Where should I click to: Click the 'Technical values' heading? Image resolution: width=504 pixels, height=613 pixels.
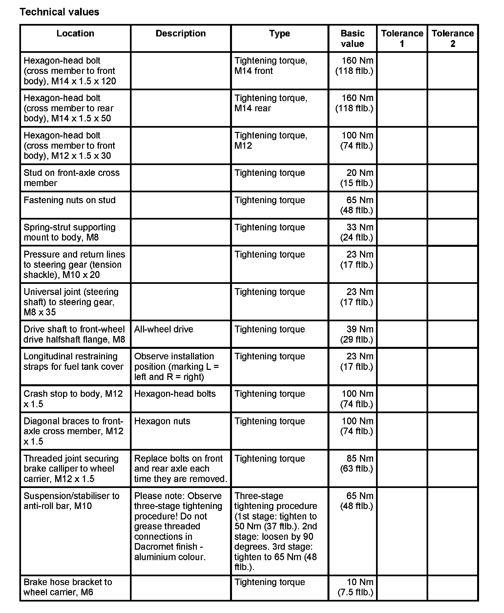tap(59, 12)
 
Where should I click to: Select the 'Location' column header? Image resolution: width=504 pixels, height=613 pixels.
tap(75, 33)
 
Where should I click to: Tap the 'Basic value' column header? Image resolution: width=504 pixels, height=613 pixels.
tap(352, 38)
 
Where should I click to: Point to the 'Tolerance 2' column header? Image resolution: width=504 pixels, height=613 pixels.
tap(452, 38)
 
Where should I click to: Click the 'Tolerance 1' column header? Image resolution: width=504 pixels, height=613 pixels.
tap(402, 38)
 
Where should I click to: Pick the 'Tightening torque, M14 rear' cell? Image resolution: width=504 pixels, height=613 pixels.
tap(271, 103)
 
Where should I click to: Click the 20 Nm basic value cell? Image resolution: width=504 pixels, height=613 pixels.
tap(357, 178)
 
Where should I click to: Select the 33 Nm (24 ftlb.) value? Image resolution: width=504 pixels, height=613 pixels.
tap(357, 232)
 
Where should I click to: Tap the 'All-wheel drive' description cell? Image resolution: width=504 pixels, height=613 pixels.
tap(164, 329)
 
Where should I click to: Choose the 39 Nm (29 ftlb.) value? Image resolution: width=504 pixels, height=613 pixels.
tap(357, 334)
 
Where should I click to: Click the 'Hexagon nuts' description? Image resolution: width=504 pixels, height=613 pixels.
tap(162, 421)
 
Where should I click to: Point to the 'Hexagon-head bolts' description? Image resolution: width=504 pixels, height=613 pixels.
tap(175, 394)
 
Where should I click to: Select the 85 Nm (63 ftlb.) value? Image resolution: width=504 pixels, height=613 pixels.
tap(357, 463)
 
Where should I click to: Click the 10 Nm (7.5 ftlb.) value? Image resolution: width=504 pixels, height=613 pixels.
tap(356, 587)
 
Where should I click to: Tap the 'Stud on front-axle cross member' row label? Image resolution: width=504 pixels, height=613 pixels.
tap(72, 178)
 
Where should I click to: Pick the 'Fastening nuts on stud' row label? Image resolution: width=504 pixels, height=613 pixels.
tap(70, 200)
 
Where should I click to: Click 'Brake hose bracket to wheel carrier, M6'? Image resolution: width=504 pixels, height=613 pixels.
tap(68, 587)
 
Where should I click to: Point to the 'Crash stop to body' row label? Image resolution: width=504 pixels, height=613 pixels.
tap(73, 399)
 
